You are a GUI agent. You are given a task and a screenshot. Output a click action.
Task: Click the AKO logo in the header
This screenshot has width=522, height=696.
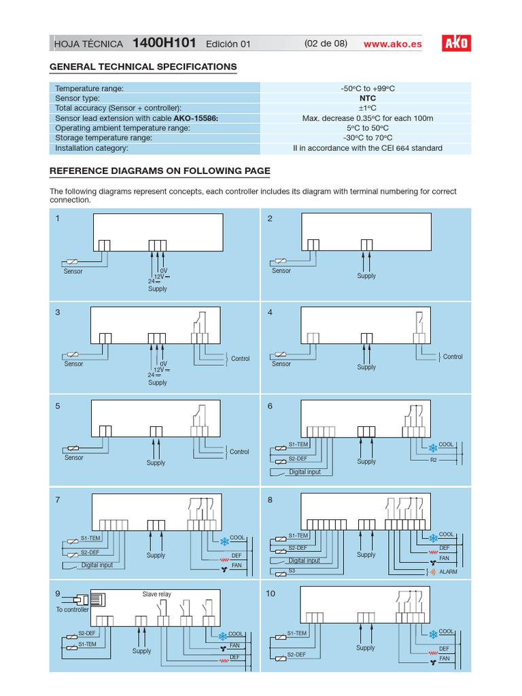(x=456, y=43)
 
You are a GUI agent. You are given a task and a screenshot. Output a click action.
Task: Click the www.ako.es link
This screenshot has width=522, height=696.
(x=392, y=44)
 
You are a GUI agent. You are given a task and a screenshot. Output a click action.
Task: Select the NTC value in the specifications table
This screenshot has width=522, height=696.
(x=367, y=98)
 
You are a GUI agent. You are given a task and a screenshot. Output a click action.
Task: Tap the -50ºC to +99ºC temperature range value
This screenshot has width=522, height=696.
(x=367, y=88)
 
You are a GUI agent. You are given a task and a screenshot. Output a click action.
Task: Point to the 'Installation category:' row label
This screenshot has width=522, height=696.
(x=91, y=147)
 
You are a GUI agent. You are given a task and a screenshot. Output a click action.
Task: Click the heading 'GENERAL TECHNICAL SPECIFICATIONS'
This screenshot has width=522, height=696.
(x=143, y=67)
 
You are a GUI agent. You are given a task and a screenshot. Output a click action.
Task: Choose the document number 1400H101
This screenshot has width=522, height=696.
(x=164, y=43)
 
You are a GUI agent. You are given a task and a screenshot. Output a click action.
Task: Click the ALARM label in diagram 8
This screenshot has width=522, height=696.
(x=448, y=572)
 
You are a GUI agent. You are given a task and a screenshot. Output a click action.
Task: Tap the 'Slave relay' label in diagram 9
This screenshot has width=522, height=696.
(x=156, y=594)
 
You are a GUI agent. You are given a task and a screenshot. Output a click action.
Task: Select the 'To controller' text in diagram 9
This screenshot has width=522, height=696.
(x=72, y=610)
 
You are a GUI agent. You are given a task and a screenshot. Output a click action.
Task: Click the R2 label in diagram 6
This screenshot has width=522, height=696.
(x=434, y=460)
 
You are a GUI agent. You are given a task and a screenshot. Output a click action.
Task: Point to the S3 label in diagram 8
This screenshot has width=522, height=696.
(x=292, y=571)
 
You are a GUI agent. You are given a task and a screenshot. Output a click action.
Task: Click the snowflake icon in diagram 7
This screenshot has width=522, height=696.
(x=224, y=542)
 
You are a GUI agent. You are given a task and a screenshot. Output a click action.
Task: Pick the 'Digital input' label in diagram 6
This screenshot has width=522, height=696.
(x=304, y=472)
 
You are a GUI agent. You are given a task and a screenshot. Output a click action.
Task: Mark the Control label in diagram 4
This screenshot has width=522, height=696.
(x=453, y=357)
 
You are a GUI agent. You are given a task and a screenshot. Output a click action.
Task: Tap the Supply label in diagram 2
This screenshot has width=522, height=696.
(x=366, y=276)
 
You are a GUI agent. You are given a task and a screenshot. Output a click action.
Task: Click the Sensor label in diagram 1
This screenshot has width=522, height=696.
(x=73, y=271)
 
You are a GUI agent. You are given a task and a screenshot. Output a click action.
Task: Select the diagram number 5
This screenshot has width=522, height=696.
(x=58, y=406)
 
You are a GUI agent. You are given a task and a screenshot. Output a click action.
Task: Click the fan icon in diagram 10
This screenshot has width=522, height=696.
(x=433, y=659)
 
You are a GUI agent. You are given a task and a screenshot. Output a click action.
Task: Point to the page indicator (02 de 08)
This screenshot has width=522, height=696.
(x=326, y=43)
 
